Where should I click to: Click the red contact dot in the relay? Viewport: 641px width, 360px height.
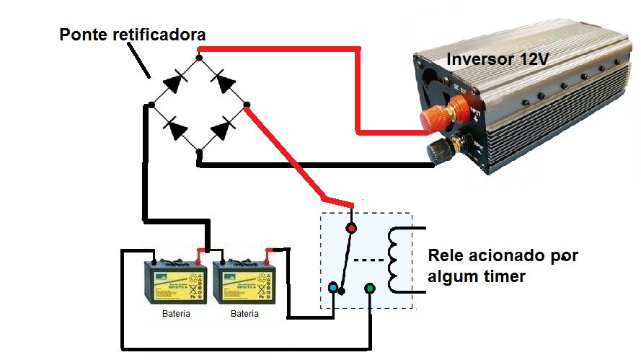click(x=351, y=229)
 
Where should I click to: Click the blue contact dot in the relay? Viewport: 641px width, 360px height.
click(x=332, y=289)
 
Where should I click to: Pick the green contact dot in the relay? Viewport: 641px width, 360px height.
click(x=370, y=289)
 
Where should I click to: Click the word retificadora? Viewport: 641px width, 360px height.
click(x=159, y=35)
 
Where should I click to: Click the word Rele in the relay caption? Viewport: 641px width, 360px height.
click(x=446, y=257)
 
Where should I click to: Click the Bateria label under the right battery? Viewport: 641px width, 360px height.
click(x=245, y=315)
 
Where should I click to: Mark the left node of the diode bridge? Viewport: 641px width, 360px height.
click(x=151, y=105)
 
